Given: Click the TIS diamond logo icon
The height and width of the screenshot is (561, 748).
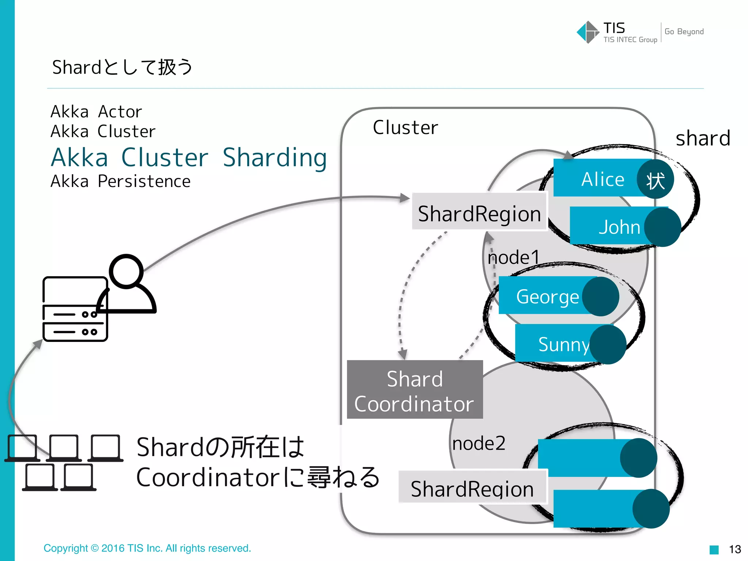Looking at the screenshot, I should pyautogui.click(x=588, y=32).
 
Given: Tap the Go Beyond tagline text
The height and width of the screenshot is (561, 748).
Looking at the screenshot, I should pyautogui.click(x=684, y=32).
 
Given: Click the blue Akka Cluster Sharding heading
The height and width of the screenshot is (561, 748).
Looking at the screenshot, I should pyautogui.click(x=189, y=158).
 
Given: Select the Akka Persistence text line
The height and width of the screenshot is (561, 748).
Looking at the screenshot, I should pyautogui.click(x=121, y=182).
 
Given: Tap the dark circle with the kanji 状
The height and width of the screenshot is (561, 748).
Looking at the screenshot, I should pyautogui.click(x=655, y=179).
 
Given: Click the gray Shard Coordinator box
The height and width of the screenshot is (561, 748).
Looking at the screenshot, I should pyautogui.click(x=415, y=390).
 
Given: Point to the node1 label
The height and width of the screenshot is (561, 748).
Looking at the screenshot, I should pyautogui.click(x=513, y=257).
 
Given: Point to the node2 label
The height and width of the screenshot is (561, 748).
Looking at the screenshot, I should pyautogui.click(x=478, y=443).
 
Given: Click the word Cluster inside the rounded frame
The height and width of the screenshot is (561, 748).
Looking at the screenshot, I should pyautogui.click(x=405, y=127).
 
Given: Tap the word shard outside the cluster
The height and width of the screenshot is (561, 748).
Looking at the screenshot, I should pyautogui.click(x=703, y=138).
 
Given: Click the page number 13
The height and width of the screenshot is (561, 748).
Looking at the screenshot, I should pyautogui.click(x=734, y=549).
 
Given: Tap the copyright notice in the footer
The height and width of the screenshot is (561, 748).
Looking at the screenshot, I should pyautogui.click(x=147, y=548).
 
